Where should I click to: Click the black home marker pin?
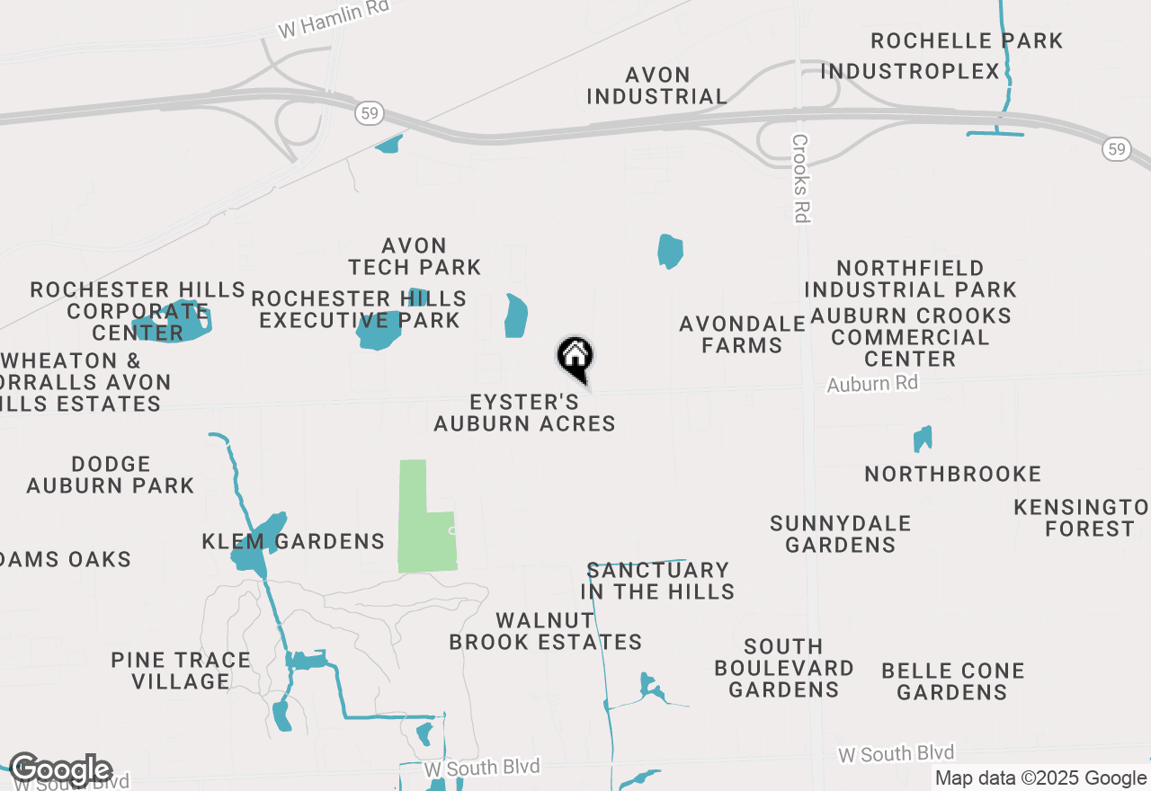click(575, 358)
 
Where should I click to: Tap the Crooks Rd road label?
click(800, 178)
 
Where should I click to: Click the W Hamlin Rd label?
click(334, 19)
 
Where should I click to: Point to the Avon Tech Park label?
click(415, 256)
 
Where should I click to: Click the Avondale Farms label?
click(742, 334)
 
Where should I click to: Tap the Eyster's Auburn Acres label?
click(524, 413)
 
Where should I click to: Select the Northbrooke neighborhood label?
click(952, 474)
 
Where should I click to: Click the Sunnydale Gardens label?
click(840, 534)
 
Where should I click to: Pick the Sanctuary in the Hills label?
click(657, 581)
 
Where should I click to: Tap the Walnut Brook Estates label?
click(545, 631)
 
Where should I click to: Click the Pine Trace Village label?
click(181, 671)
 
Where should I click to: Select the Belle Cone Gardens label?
click(952, 681)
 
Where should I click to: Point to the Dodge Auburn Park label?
click(110, 475)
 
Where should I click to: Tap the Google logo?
click(60, 769)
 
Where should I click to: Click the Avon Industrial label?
click(657, 85)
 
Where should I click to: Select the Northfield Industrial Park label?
click(910, 279)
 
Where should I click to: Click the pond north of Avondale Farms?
click(670, 251)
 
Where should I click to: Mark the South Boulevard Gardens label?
click(783, 668)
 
